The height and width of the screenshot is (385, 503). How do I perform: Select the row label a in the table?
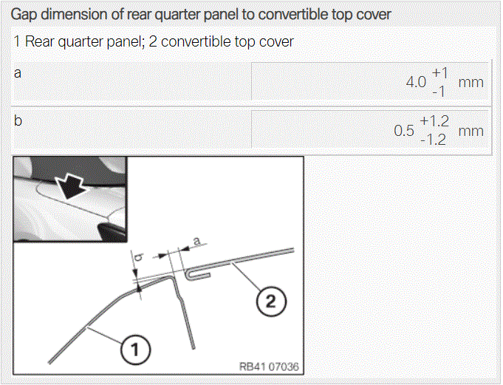(18, 73)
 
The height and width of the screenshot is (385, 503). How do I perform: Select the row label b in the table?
(18, 120)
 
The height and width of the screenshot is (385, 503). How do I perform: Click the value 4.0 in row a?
(416, 82)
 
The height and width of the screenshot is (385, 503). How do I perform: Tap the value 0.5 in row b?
(404, 131)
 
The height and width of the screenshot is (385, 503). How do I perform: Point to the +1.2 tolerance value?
(434, 121)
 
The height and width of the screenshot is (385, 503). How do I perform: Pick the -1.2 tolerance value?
(433, 140)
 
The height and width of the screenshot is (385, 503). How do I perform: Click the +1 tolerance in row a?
(439, 73)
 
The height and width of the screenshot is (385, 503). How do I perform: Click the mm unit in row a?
(471, 83)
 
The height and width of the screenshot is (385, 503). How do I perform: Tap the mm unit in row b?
(471, 131)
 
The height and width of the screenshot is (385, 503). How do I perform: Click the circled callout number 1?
(135, 349)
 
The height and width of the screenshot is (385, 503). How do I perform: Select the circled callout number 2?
(271, 301)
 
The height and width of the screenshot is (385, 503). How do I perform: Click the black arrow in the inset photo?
(71, 187)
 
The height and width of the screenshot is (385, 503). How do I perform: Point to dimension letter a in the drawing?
(197, 240)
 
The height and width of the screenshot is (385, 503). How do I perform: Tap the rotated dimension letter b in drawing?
(139, 256)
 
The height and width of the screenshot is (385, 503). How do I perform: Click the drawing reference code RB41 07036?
(269, 367)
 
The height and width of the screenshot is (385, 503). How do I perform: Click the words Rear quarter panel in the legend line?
(83, 41)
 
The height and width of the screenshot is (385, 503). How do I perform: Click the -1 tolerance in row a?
(439, 92)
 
